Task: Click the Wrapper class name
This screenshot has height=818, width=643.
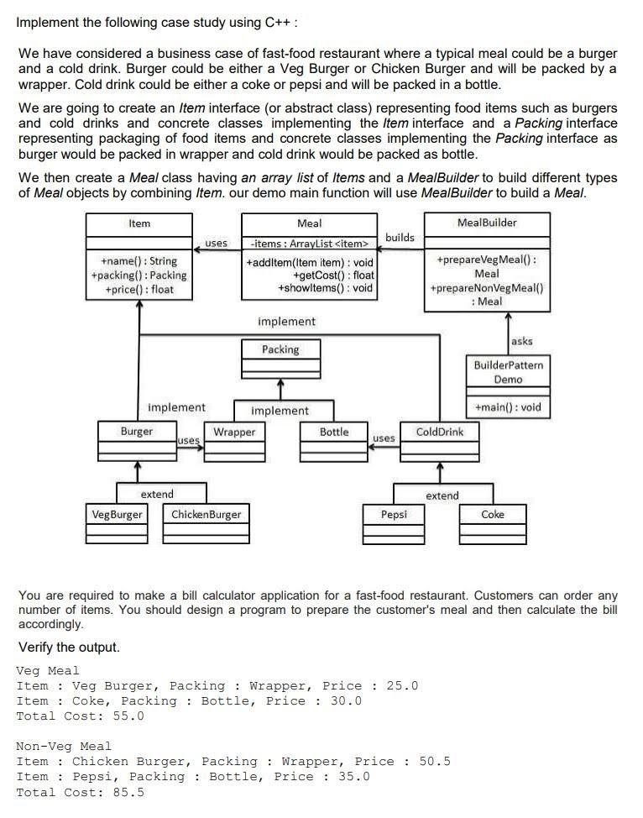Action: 234,432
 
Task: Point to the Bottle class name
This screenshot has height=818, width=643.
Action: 334,432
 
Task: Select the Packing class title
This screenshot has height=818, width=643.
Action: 280,349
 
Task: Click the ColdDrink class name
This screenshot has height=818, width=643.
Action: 440,432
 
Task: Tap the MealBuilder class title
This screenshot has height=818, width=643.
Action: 487,223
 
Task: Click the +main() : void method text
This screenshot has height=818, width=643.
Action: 508,407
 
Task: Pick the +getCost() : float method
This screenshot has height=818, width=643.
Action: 333,275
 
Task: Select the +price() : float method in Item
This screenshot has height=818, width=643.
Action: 139,289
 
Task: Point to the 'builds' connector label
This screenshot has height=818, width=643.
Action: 400,238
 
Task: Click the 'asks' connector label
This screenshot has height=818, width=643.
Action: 521,341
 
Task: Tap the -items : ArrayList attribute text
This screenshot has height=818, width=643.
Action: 309,244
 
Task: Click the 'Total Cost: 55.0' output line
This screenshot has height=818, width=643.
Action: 81,716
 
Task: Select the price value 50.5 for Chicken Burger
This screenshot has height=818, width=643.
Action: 435,761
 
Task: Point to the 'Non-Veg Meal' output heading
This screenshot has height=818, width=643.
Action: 64,746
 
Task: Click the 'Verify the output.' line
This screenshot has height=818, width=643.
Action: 69,647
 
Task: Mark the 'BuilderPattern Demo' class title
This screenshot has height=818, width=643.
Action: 508,372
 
